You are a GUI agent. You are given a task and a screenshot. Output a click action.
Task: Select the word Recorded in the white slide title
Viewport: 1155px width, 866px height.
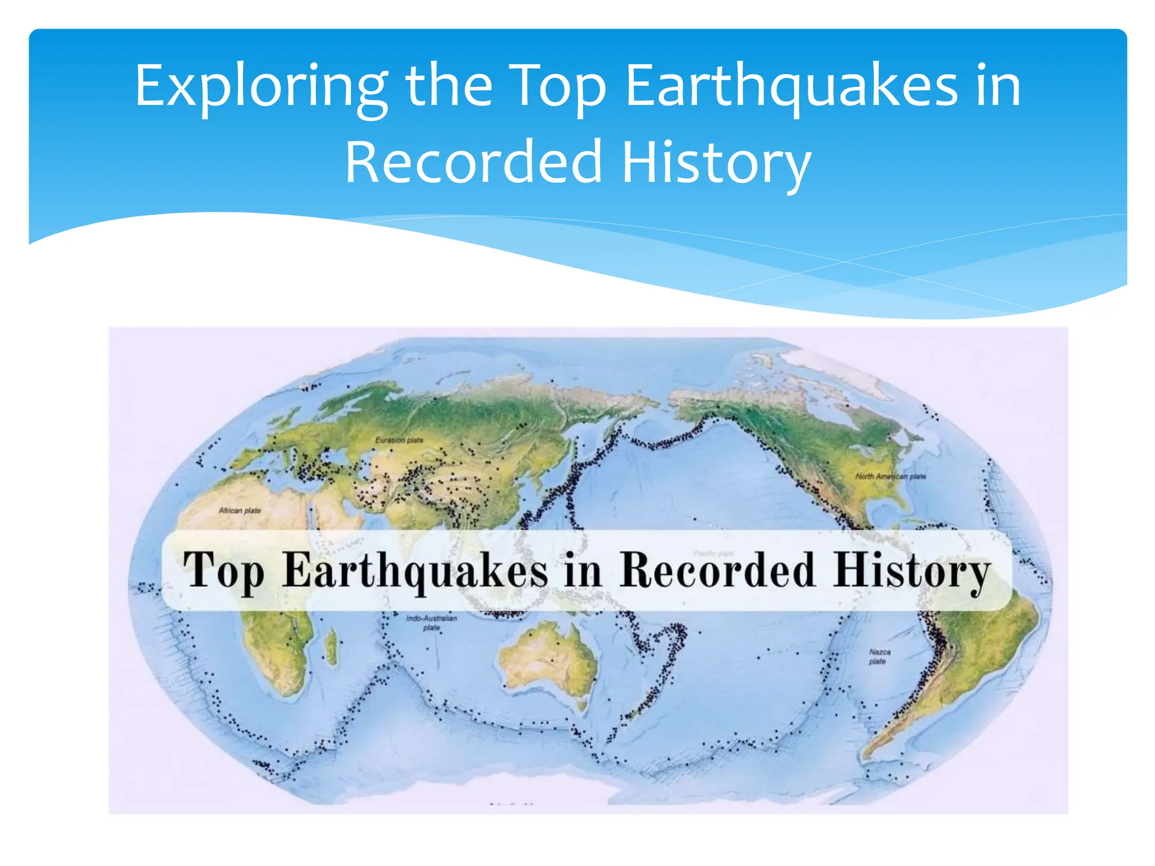[x=473, y=162]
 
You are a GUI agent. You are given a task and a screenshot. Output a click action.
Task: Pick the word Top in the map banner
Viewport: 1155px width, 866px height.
[x=224, y=571]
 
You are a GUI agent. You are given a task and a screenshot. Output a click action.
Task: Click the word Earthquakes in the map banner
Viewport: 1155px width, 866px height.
[x=415, y=571]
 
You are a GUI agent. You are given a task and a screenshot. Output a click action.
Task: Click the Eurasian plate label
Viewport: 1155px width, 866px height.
[x=399, y=440]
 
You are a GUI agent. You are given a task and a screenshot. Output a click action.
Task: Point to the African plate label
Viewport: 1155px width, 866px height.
[x=240, y=510]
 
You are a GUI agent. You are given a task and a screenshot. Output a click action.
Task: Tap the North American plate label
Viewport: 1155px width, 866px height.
[x=891, y=476]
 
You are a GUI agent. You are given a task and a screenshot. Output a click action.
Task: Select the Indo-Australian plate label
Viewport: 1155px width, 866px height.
[x=431, y=622]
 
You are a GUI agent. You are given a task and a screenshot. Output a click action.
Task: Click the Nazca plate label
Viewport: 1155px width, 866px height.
[x=879, y=656]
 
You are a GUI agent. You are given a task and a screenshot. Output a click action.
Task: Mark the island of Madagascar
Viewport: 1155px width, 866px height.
[x=332, y=646]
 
